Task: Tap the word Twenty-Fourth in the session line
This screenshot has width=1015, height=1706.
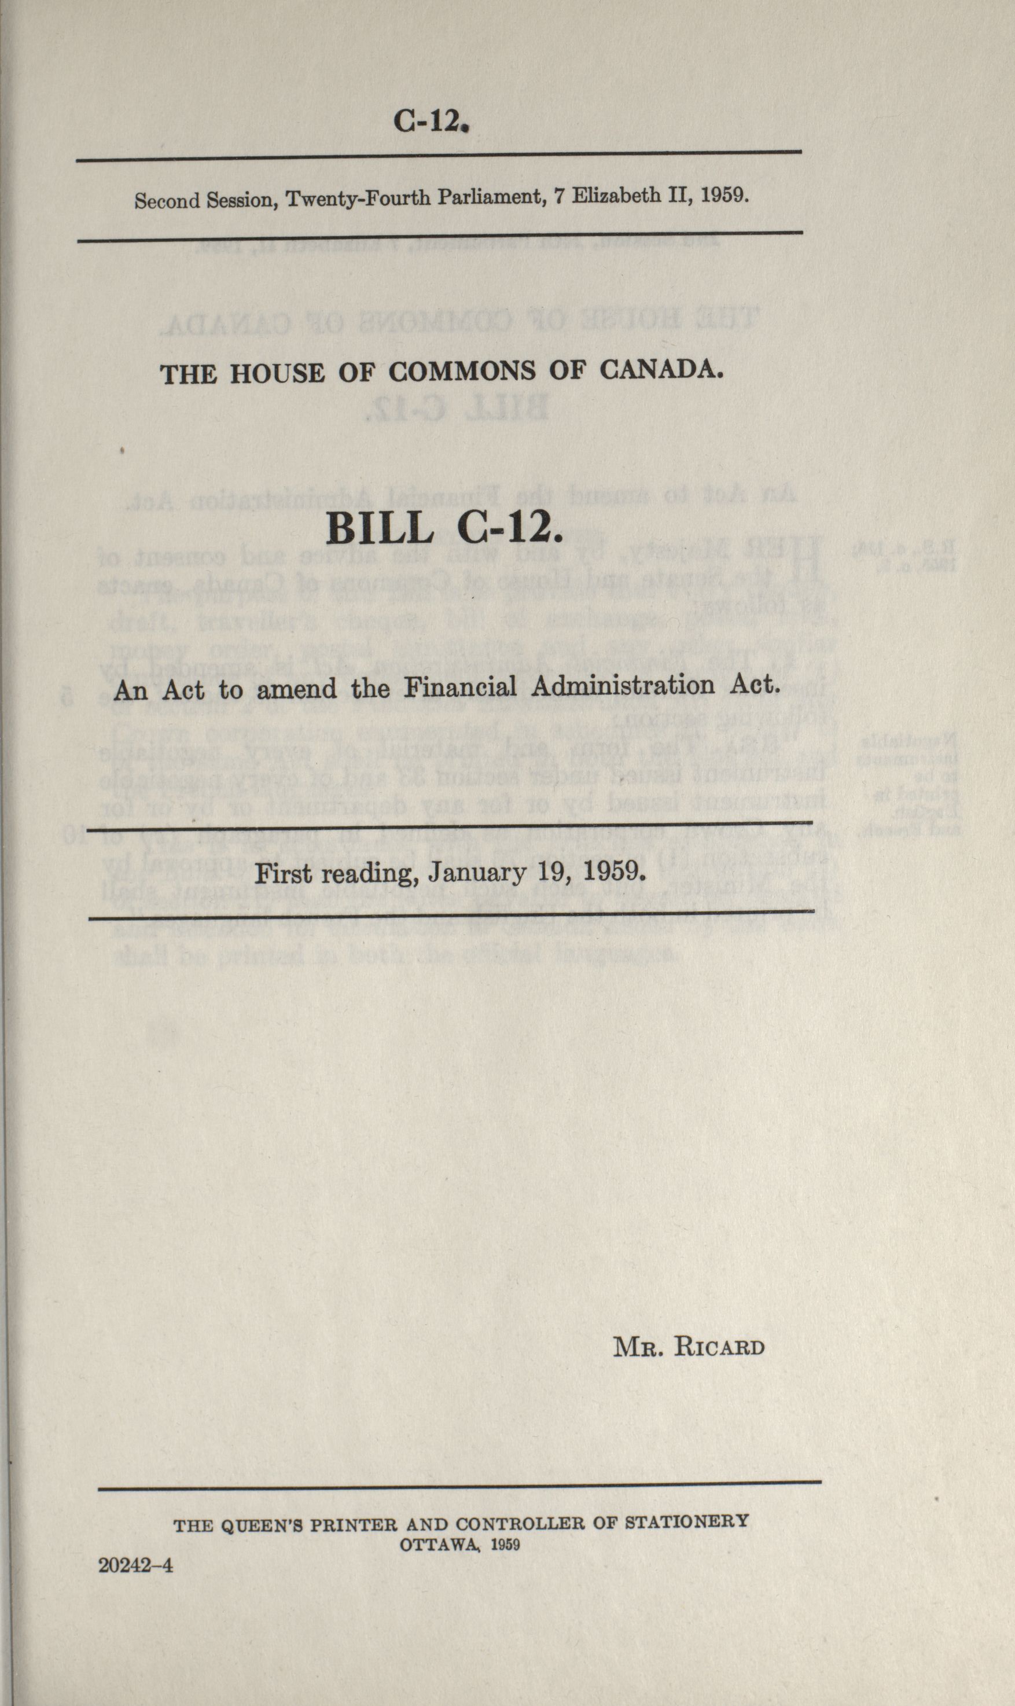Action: [x=358, y=199]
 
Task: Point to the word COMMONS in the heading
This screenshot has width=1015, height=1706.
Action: [x=462, y=372]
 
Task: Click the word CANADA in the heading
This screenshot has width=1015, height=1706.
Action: [x=661, y=370]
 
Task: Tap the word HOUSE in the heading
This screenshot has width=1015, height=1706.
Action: [x=277, y=373]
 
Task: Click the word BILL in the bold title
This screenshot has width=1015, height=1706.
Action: [x=379, y=528]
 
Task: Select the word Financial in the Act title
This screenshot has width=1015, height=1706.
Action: [x=464, y=686]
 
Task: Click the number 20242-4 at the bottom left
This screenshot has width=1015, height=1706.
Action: [x=135, y=1546]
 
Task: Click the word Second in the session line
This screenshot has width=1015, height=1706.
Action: [x=166, y=201]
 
